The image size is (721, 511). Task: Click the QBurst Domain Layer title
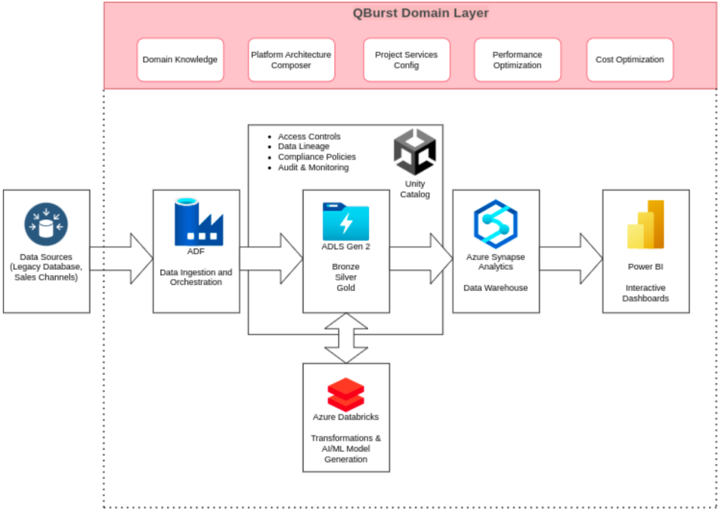(420, 13)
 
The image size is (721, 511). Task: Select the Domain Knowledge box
(180, 60)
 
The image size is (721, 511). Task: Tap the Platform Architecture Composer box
(291, 60)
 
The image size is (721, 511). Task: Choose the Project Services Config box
(406, 60)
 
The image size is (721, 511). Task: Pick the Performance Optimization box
(517, 60)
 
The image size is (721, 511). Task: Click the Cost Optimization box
(629, 60)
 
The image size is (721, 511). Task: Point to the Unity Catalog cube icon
(414, 152)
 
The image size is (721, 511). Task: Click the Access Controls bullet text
(309, 137)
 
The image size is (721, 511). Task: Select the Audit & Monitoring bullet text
(313, 168)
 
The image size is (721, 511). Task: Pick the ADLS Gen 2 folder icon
(346, 221)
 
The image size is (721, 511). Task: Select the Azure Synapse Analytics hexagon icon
(496, 223)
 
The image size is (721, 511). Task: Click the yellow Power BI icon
(646, 225)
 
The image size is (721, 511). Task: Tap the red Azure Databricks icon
(346, 395)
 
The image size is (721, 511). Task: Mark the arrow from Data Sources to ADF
(123, 259)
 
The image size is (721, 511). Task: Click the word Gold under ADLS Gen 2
(346, 288)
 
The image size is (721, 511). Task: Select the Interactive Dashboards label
(646, 293)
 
